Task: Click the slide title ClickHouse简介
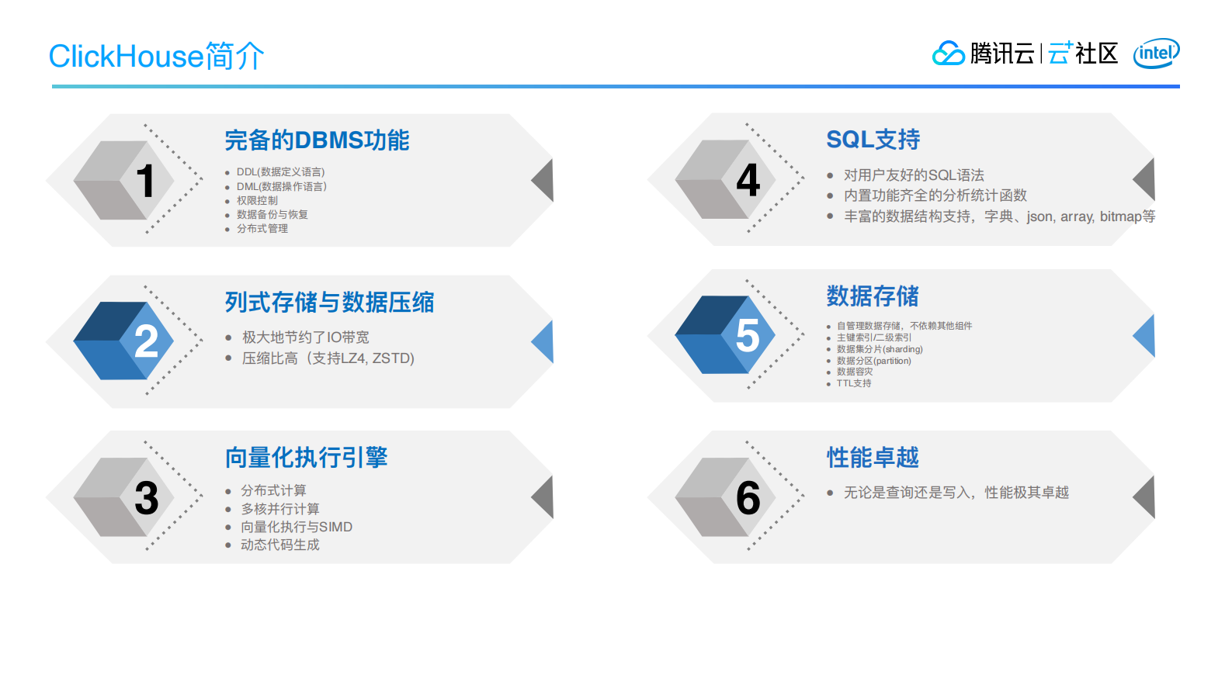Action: [x=156, y=56]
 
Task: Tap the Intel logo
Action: [x=1156, y=54]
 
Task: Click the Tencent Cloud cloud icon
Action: [x=948, y=54]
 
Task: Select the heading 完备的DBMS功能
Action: [x=317, y=140]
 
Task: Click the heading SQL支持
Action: [x=873, y=140]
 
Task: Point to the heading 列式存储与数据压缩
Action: [x=329, y=302]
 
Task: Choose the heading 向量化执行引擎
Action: [x=306, y=458]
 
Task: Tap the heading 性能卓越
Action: [x=873, y=458]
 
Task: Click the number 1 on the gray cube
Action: [x=145, y=181]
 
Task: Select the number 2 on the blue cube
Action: [x=146, y=341]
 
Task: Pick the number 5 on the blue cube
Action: [x=748, y=336]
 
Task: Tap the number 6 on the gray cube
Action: [x=748, y=498]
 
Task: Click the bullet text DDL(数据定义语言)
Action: [x=280, y=172]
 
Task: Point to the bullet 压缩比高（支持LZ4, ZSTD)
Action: [x=328, y=358]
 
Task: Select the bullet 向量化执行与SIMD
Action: [x=296, y=527]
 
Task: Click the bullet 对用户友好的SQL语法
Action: [x=914, y=175]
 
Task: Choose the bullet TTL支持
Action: [x=853, y=383]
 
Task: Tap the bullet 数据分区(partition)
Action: [x=873, y=361]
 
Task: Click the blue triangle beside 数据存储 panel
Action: [x=1145, y=336]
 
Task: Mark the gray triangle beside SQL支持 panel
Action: [x=1146, y=179]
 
